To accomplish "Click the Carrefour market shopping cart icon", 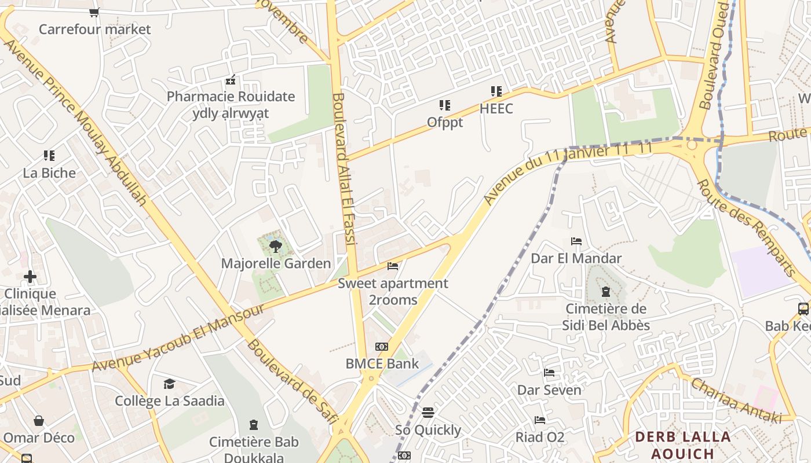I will tap(94, 12).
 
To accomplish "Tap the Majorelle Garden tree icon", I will tap(276, 247).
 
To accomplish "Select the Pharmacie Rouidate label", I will tap(231, 97).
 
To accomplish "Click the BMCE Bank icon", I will tap(381, 347).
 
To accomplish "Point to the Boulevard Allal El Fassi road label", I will tap(346, 168).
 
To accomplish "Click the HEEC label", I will tap(496, 109).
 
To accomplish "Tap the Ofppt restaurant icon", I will tap(444, 105).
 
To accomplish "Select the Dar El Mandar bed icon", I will tap(576, 241).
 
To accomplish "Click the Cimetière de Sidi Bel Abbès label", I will tap(606, 317).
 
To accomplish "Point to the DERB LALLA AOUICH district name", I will tap(683, 444).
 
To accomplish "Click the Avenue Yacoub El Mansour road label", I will tap(178, 337).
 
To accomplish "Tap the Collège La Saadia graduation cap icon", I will tap(169, 384).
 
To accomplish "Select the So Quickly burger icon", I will tap(428, 413).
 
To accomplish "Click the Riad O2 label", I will tap(540, 437).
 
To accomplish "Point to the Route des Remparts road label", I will tap(746, 227).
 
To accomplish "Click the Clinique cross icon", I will tap(30, 277).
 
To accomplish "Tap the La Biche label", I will tap(49, 173).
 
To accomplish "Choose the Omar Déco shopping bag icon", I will tap(39, 421).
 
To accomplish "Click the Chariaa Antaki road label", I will tap(735, 400).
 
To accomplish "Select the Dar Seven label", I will tap(549, 390).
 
